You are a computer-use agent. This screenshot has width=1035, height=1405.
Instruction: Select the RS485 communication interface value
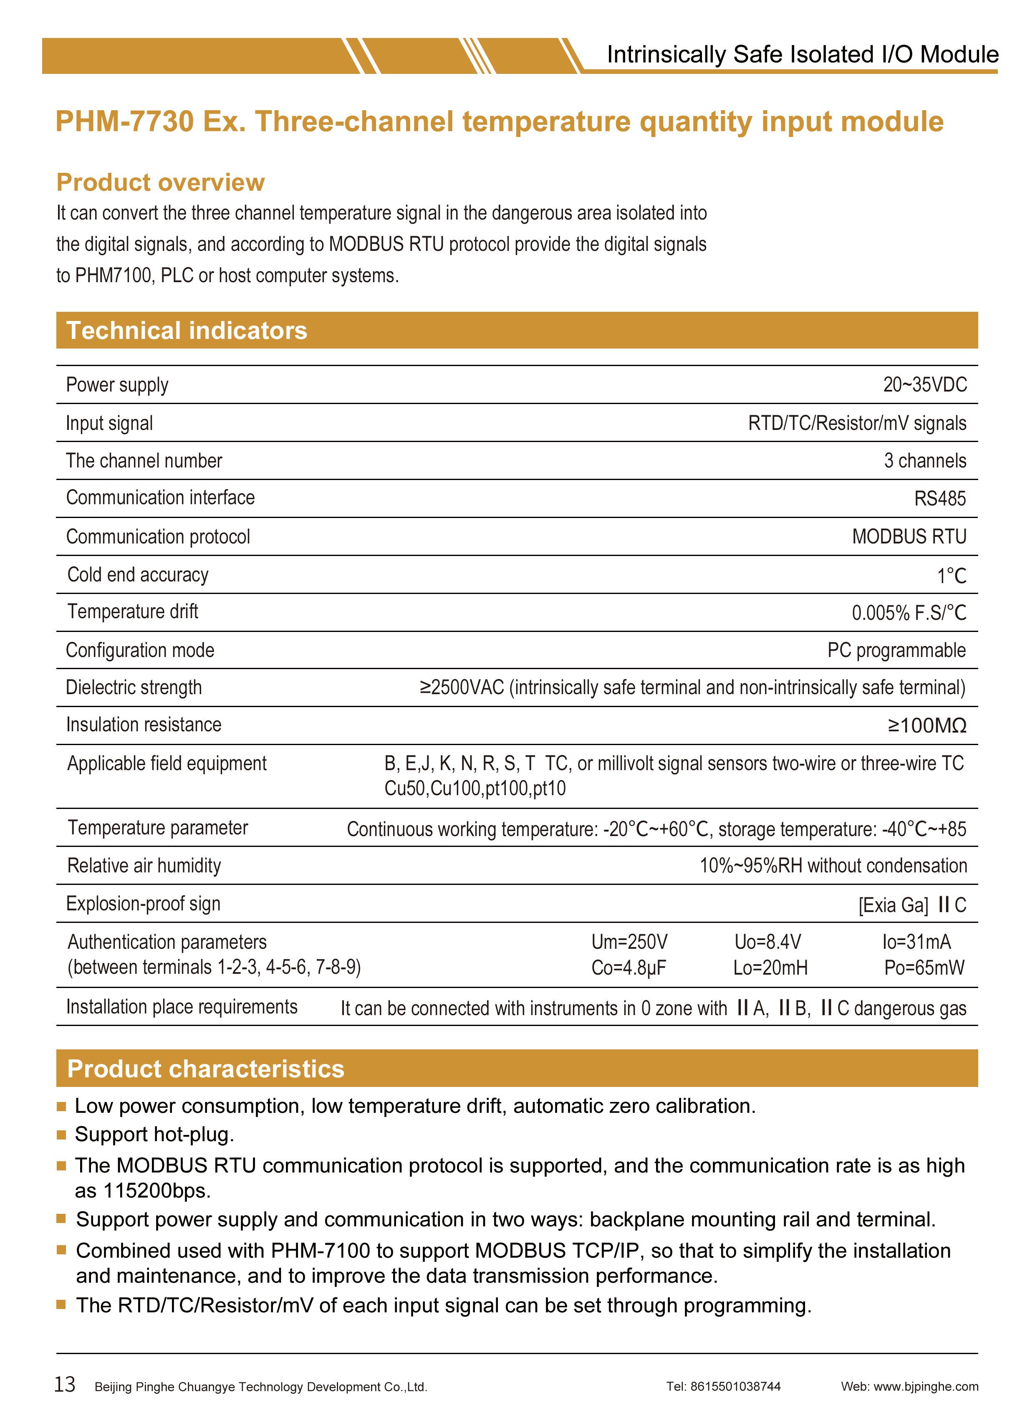tap(940, 498)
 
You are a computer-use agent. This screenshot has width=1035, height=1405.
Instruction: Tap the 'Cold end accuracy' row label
tap(138, 575)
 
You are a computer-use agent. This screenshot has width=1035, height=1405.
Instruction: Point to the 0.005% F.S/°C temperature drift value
tap(909, 612)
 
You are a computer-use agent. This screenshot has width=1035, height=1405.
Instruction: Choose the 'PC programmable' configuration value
tap(896, 650)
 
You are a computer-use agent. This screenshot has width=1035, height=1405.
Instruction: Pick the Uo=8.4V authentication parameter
tap(767, 942)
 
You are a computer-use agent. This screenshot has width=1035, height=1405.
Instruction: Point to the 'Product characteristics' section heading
tap(205, 1069)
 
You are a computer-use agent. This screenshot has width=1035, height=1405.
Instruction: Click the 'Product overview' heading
tap(160, 182)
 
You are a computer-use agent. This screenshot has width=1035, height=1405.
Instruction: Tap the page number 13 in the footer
tap(65, 1384)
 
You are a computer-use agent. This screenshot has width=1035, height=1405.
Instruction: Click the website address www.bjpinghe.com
tap(926, 1386)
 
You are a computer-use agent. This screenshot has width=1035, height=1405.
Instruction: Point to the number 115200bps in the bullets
tap(157, 1191)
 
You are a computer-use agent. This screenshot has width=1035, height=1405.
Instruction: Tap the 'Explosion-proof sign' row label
tap(144, 904)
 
